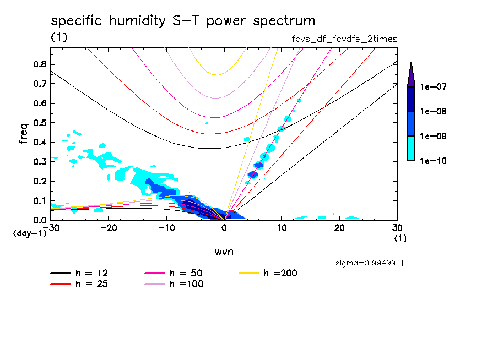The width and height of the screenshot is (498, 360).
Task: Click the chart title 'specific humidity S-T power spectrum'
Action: pos(183,21)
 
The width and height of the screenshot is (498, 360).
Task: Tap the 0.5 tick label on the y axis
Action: pos(39,123)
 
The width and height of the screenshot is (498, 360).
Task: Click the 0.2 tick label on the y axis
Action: pos(39,182)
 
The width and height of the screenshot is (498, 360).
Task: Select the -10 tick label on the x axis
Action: pos(166,228)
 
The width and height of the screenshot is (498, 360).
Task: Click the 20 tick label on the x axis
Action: pos(339,228)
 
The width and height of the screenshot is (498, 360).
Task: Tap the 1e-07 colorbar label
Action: pos(434,87)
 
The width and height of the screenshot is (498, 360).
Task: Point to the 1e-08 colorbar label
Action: pos(434,112)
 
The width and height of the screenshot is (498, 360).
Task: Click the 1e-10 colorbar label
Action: pos(434,161)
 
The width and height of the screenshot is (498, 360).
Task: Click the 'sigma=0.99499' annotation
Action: pos(365,263)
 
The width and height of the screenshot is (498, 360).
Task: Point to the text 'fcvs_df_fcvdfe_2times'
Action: pos(344,39)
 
